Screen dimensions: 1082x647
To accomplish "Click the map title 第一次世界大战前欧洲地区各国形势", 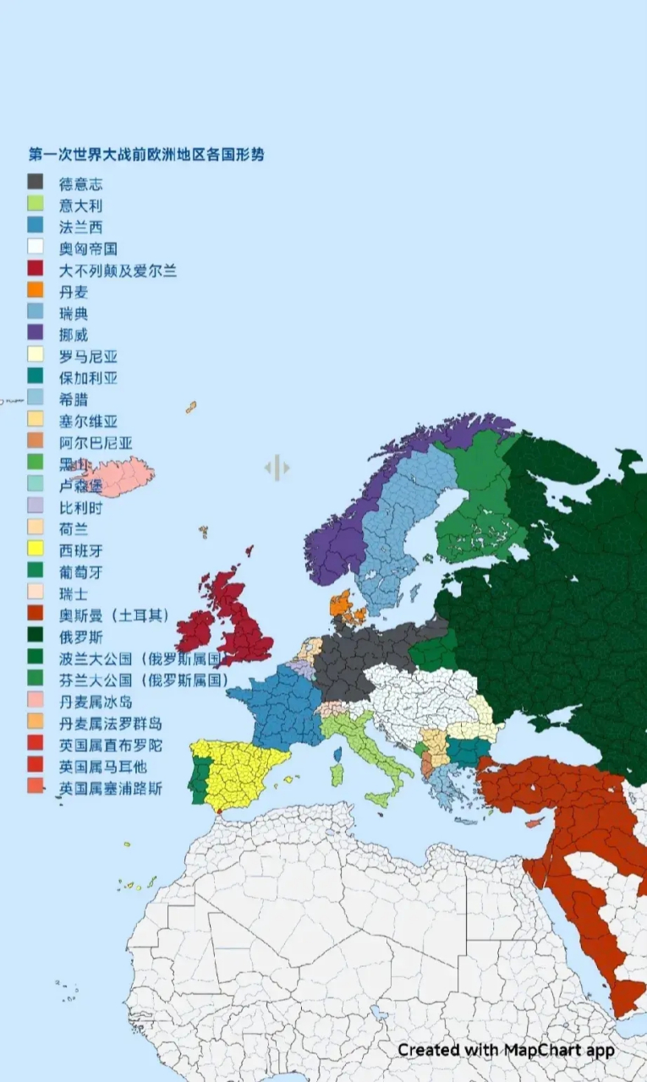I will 145,156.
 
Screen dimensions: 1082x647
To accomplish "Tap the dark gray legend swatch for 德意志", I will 36,182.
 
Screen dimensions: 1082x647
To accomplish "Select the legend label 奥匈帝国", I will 87,248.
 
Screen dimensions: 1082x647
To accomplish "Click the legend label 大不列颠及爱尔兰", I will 118,270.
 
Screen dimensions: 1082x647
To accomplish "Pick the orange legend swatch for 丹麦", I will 36,291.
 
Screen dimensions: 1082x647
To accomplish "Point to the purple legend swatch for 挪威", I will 36,333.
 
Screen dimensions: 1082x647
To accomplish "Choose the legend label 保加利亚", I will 88,378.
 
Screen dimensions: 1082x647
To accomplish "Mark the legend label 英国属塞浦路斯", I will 110,789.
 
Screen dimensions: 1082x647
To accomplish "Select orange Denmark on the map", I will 342,604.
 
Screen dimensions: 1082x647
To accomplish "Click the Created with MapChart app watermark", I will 506,1050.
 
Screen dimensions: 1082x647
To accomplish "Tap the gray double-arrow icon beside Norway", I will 277,467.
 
